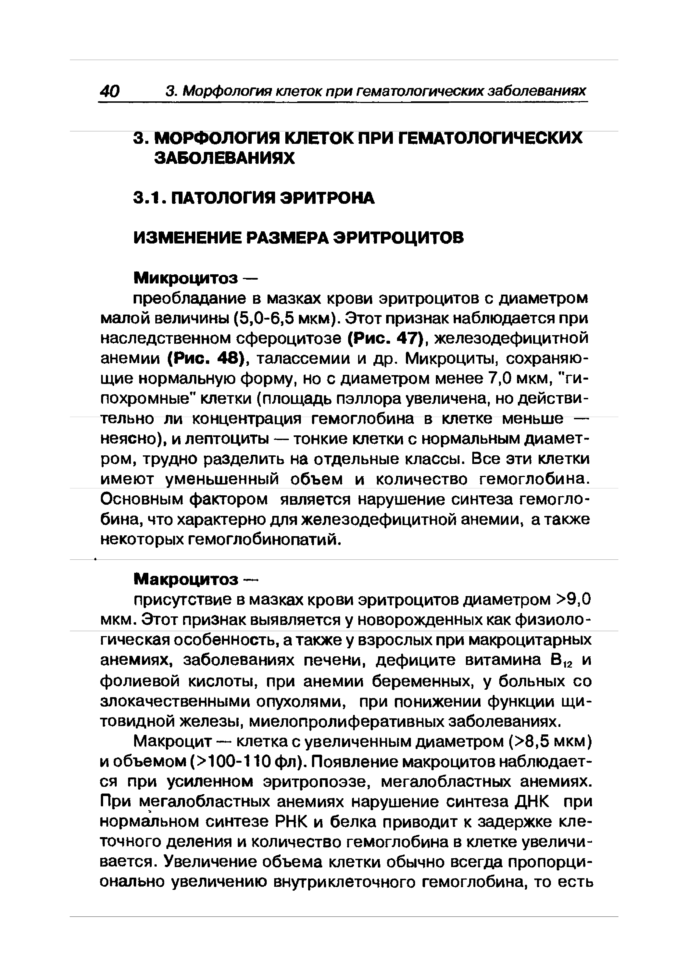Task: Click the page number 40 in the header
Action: pyautogui.click(x=109, y=91)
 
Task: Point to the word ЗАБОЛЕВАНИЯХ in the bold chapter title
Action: pyautogui.click(x=224, y=159)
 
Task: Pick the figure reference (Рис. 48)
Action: pyautogui.click(x=208, y=359)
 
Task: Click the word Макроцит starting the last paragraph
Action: pyautogui.click(x=172, y=742)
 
